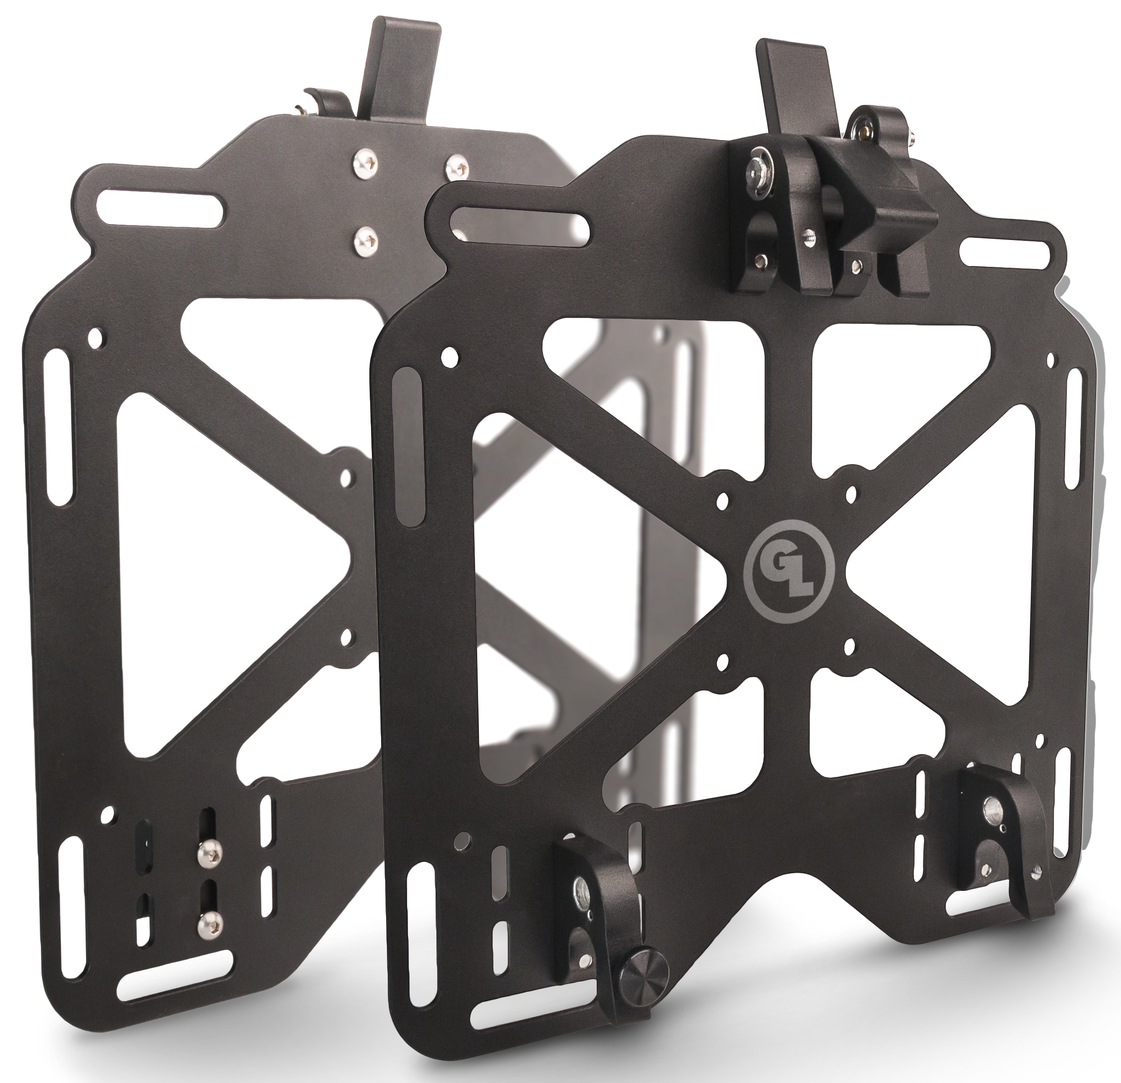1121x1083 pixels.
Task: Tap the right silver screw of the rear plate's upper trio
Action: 456,167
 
